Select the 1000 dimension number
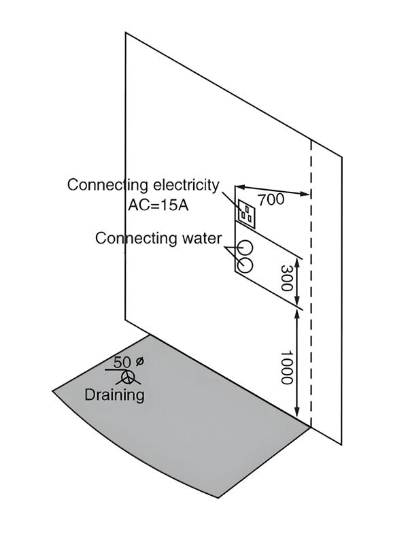286,367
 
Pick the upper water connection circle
246,248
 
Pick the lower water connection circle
245,265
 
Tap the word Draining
114,395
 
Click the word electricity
185,185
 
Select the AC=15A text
158,203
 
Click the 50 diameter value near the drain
122,362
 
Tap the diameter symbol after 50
139,361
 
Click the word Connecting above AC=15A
107,185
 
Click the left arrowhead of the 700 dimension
239,186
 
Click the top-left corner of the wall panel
126,32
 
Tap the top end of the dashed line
311,141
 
